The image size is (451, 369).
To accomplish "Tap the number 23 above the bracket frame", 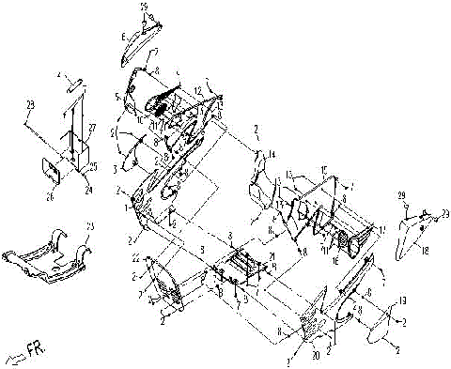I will (x=89, y=226).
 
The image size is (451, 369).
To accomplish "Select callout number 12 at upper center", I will (x=198, y=89).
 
